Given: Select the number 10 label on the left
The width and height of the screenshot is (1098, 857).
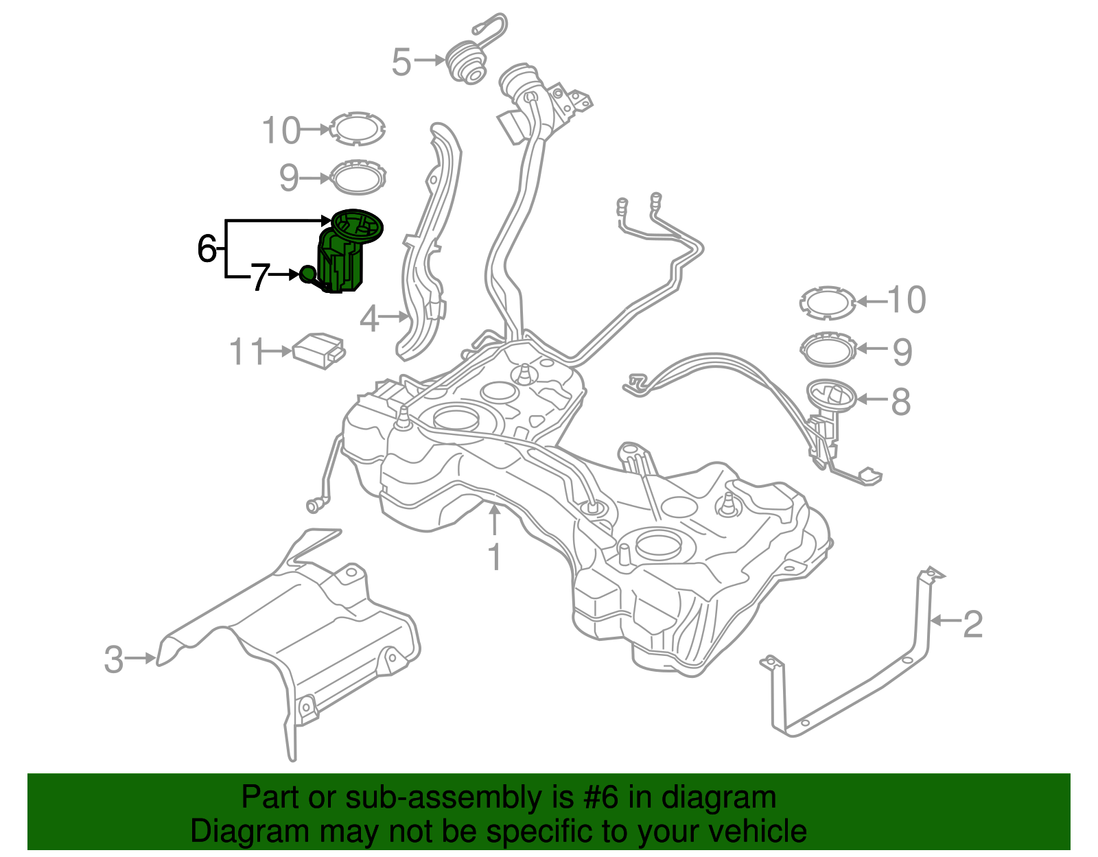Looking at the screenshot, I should (x=281, y=130).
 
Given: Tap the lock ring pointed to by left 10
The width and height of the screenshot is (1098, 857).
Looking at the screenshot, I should (x=357, y=128).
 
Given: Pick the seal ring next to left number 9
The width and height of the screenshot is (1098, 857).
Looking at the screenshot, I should (x=358, y=177).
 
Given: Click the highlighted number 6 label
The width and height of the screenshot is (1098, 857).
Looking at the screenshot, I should (x=207, y=249).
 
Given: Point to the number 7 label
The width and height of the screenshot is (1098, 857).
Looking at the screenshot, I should (x=259, y=278).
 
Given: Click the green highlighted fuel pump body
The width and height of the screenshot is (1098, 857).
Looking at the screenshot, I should (x=341, y=264).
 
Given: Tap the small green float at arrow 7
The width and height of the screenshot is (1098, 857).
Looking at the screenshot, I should (x=307, y=274).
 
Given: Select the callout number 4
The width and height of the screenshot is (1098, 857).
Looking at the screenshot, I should (x=369, y=319).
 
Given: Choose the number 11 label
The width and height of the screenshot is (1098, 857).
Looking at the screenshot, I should (x=246, y=352).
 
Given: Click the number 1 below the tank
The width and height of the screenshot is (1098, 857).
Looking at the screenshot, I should (x=495, y=557).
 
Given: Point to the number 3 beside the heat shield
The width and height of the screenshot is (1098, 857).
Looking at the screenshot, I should (x=113, y=659).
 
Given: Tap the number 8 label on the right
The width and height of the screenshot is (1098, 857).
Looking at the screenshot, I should (x=901, y=401).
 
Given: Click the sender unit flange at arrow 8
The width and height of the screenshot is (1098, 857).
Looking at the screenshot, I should (x=831, y=395).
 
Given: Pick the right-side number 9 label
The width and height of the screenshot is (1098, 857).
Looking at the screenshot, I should (x=902, y=352).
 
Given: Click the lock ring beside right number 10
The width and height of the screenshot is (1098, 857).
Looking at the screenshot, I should (x=828, y=302).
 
